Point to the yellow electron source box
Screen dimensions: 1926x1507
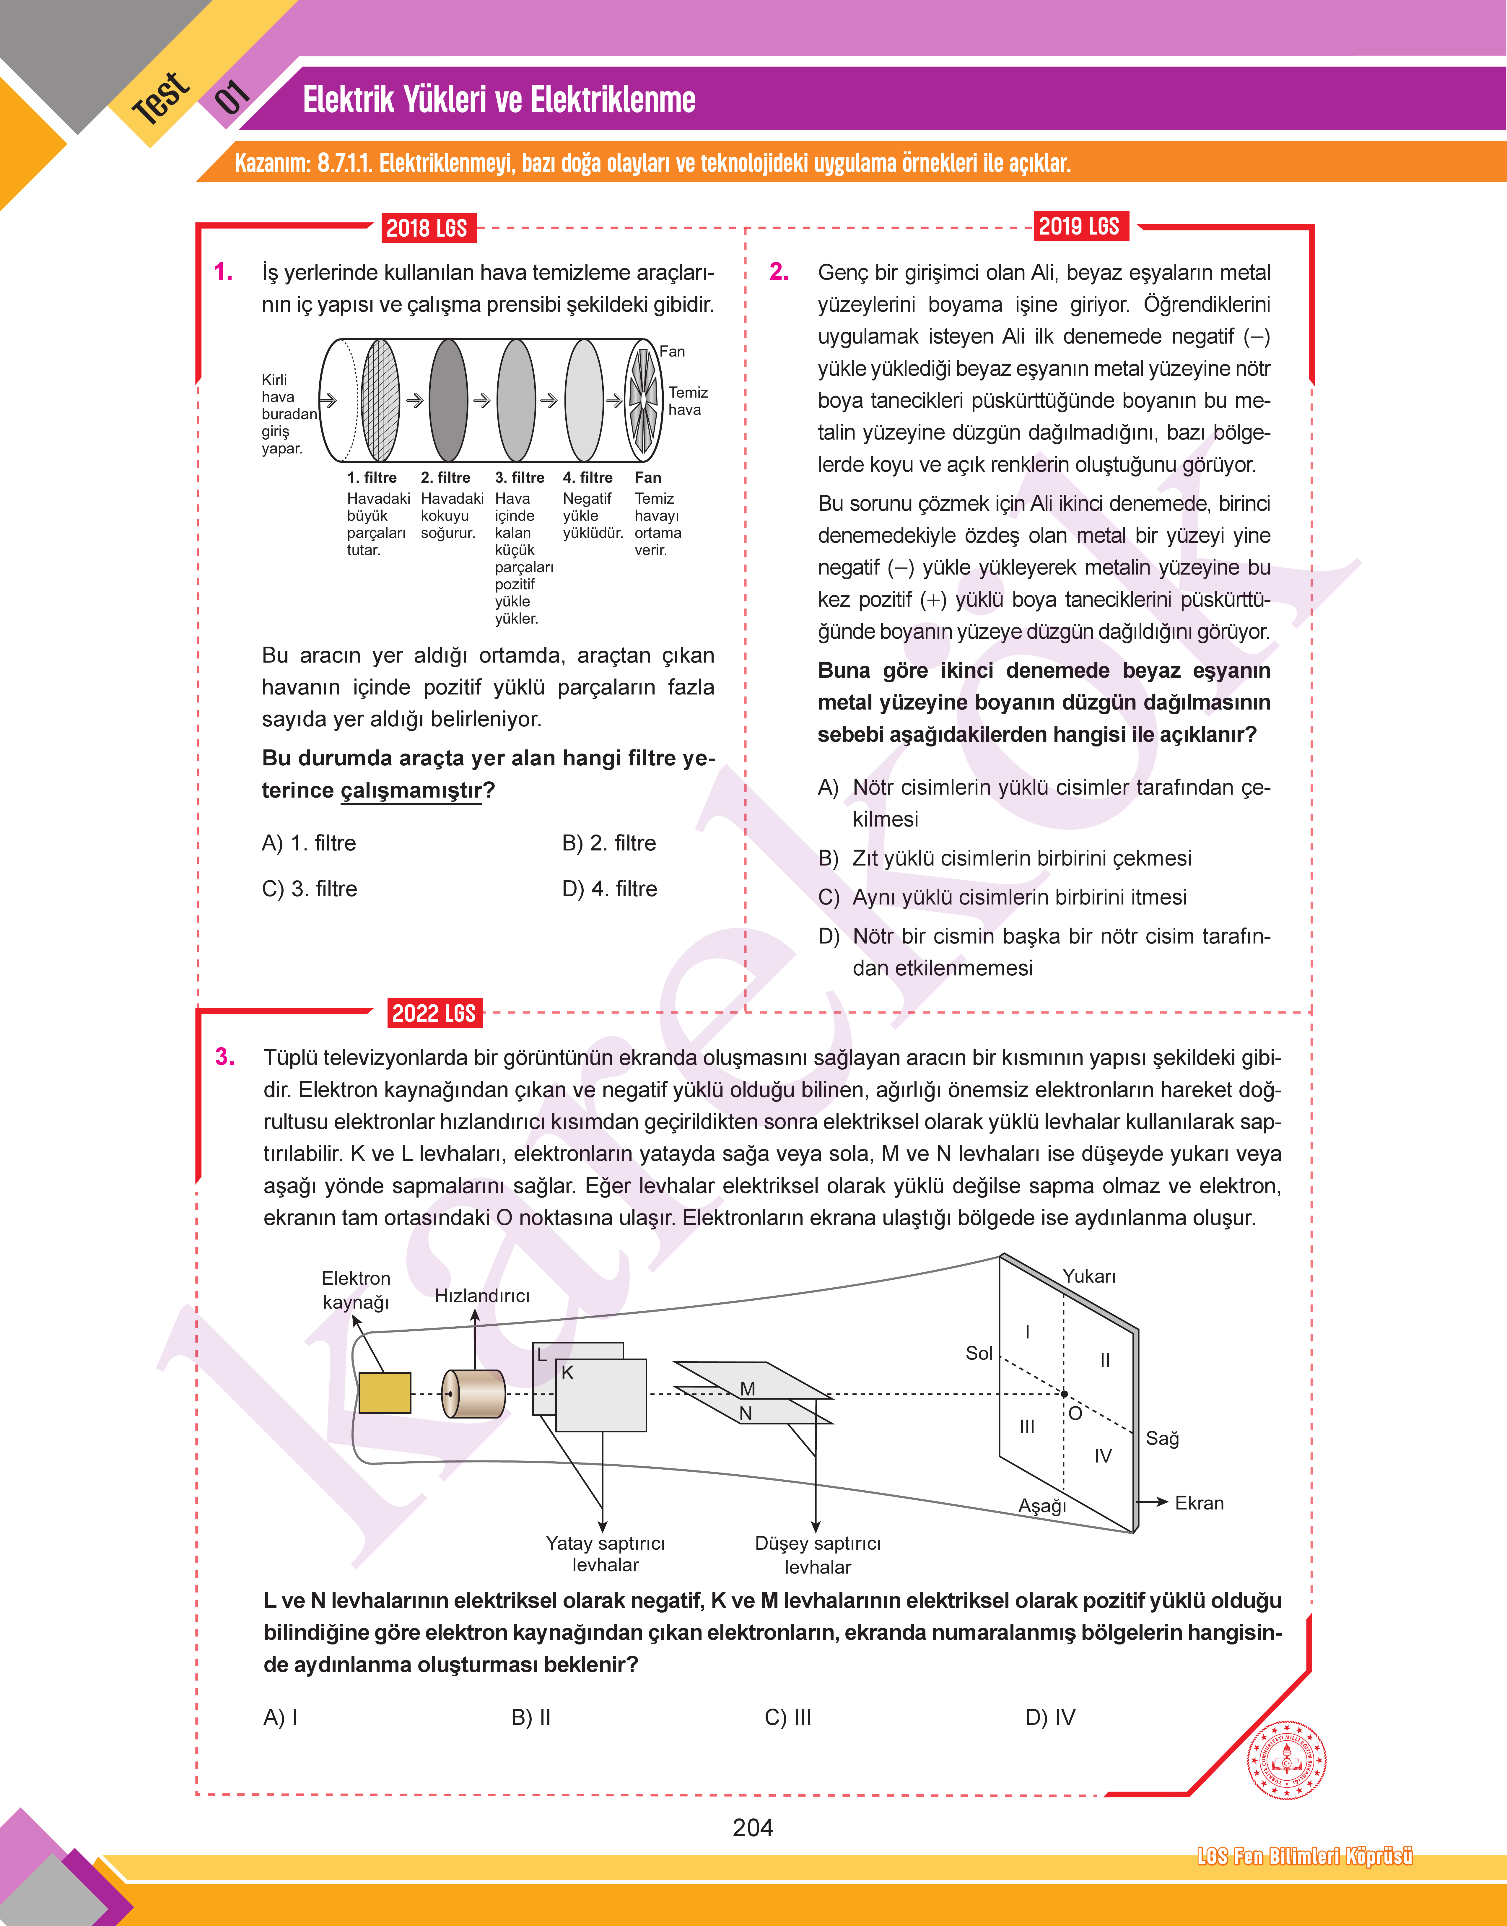click(385, 1392)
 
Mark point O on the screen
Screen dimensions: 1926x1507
click(1065, 1394)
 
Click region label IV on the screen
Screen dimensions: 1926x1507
click(1103, 1456)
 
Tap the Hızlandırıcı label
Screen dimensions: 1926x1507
click(482, 1295)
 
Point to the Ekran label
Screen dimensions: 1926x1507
click(1199, 1502)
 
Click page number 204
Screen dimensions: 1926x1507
click(753, 1827)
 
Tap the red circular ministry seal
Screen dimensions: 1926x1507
click(1286, 1760)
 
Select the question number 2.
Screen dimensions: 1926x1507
click(779, 272)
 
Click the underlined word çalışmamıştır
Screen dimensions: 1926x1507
click(411, 790)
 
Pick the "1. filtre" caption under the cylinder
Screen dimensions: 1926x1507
click(372, 477)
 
